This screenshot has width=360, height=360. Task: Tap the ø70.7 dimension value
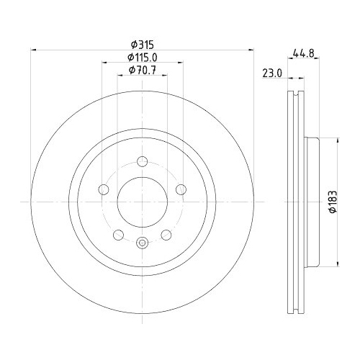click(142, 69)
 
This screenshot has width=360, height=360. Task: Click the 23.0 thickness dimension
click(272, 72)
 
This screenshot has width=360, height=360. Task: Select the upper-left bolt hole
click(104, 189)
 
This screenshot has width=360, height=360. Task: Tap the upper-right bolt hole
click(181, 189)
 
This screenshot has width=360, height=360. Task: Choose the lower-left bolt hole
click(118, 235)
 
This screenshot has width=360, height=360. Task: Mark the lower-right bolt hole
click(166, 235)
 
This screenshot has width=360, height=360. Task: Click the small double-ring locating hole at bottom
click(143, 242)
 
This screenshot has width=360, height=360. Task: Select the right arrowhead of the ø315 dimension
click(252, 50)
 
